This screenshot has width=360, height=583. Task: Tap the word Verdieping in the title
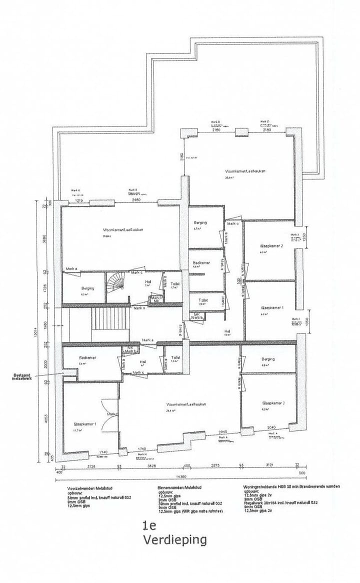coord(174,540)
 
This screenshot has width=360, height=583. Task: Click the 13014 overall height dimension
coord(35,330)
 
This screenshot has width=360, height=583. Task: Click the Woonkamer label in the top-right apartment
coord(244,171)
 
